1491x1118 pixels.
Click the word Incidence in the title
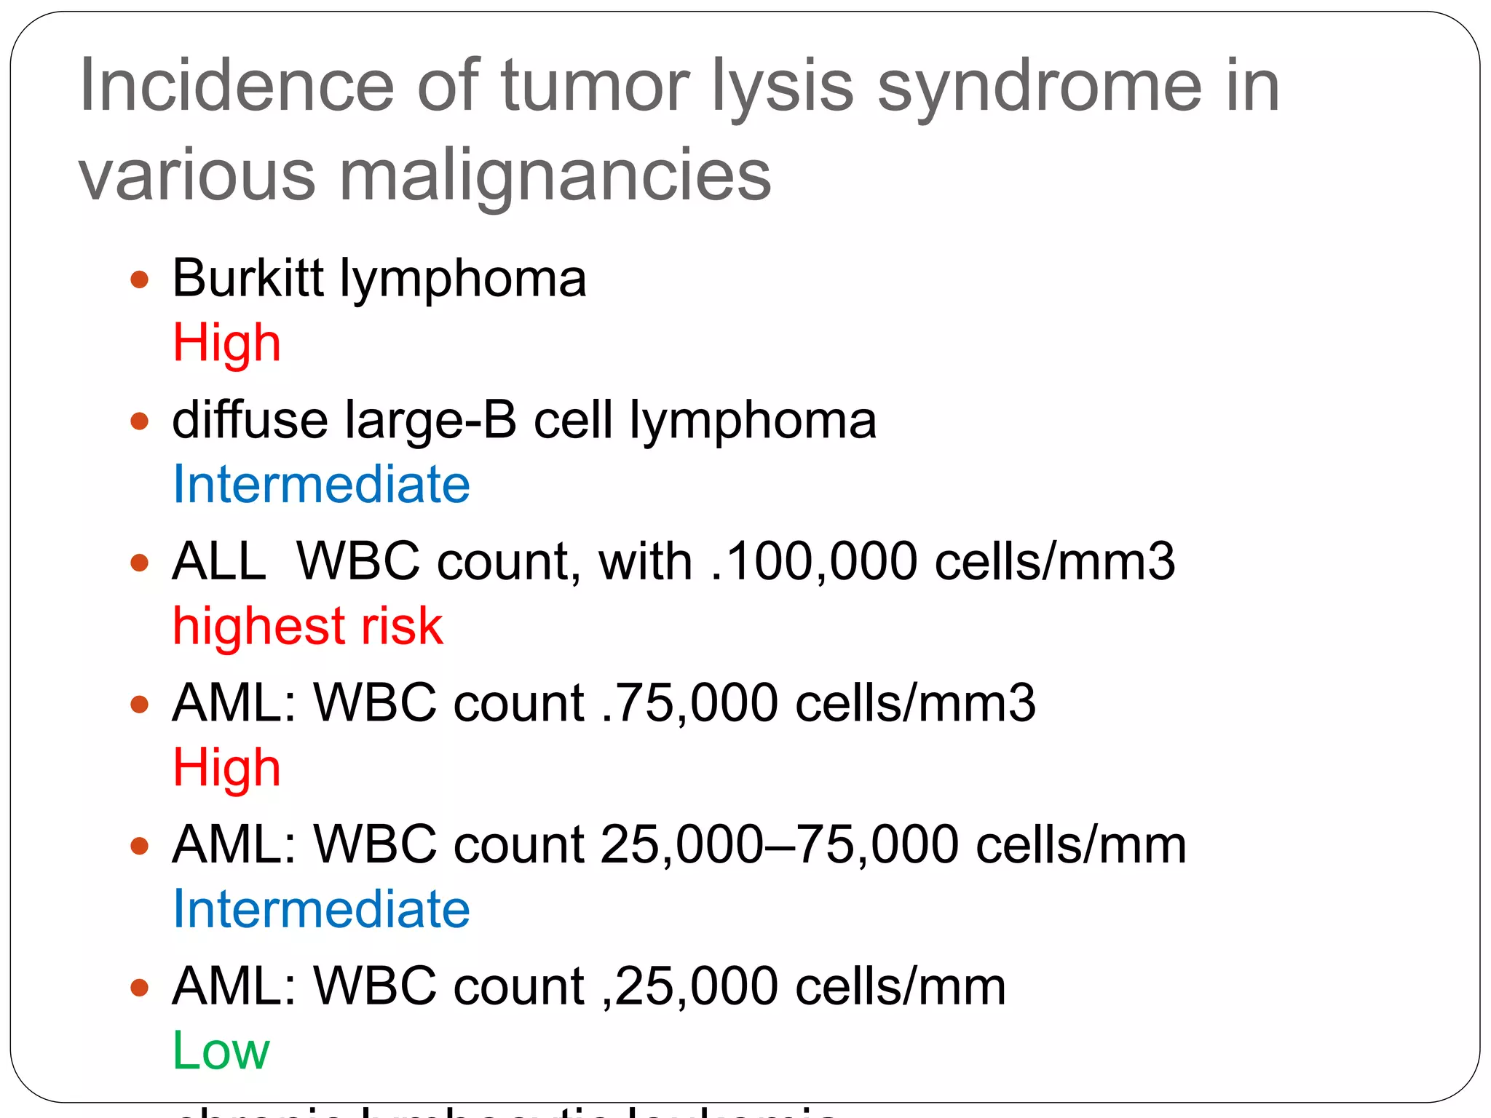pyautogui.click(x=236, y=86)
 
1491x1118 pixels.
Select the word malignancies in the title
pyautogui.click(x=555, y=178)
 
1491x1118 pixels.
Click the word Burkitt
pyautogui.click(x=248, y=278)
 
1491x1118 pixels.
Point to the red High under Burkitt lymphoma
pyautogui.click(x=226, y=343)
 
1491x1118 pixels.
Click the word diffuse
pyautogui.click(x=249, y=420)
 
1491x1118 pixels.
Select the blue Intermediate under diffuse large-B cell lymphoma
pyautogui.click(x=321, y=485)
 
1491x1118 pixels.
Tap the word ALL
pyautogui.click(x=219, y=562)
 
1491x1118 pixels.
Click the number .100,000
pyautogui.click(x=813, y=562)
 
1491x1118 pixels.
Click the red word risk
pyautogui.click(x=402, y=626)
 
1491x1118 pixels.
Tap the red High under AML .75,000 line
pyautogui.click(x=226, y=769)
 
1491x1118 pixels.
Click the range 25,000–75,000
pyautogui.click(x=779, y=845)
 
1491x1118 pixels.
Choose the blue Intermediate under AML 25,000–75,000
pyautogui.click(x=321, y=910)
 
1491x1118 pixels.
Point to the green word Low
pyautogui.click(x=221, y=1051)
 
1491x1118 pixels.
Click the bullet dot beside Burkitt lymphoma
pyautogui.click(x=139, y=279)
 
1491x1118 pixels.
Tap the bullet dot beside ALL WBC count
pyautogui.click(x=139, y=563)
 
